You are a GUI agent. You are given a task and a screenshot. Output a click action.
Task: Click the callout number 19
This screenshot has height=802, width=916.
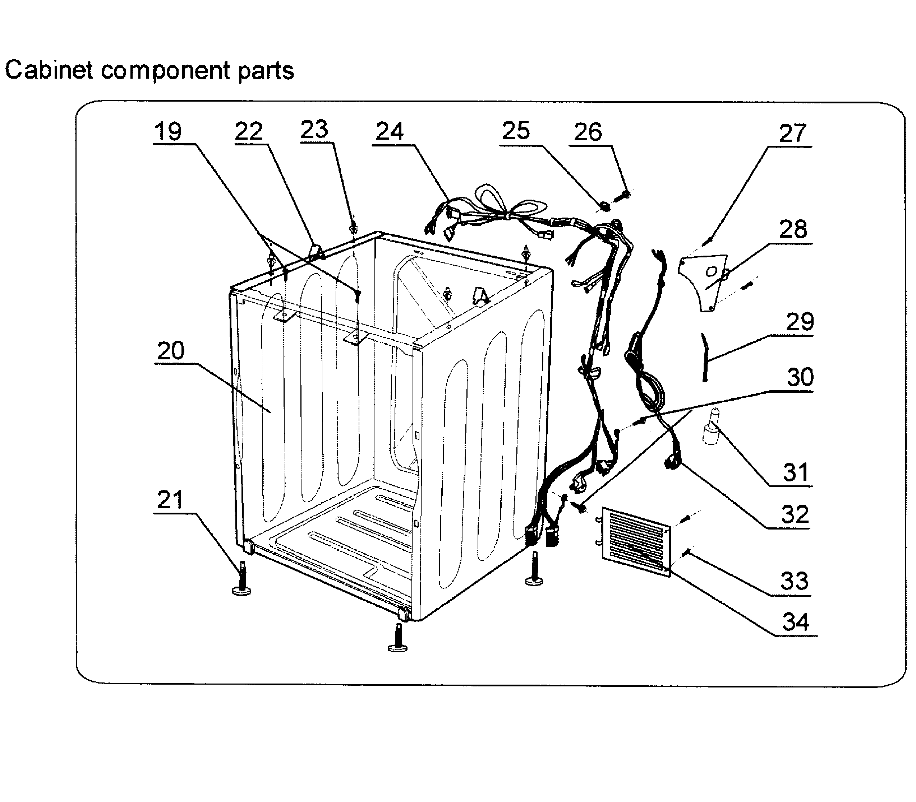point(168,132)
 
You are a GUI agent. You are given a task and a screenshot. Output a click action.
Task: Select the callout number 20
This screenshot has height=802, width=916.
point(170,350)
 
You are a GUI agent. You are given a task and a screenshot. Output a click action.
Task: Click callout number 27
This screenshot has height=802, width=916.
point(792,134)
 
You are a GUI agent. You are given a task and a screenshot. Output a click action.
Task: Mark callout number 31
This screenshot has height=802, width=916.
point(796,472)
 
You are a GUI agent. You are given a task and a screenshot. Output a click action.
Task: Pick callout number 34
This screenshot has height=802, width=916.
point(796,622)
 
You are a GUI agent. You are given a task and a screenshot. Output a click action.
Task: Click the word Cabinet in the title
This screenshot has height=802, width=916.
point(49,70)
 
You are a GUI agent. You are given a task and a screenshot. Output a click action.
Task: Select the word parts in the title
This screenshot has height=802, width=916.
point(266,71)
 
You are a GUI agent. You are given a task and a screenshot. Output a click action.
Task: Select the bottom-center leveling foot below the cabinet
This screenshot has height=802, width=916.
point(397,639)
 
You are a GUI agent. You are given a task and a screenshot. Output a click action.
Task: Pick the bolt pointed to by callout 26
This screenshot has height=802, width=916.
point(622,195)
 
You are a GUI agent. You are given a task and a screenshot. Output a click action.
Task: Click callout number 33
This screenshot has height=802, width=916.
point(794,581)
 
